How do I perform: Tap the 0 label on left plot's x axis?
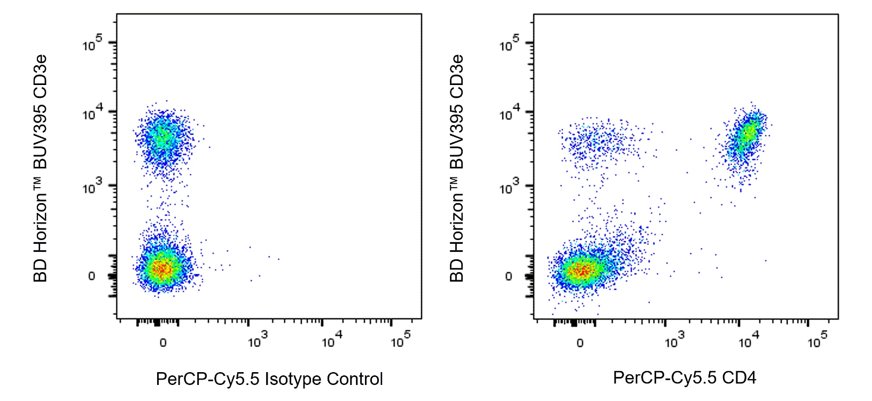pos(163,343)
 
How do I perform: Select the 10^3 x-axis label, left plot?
pos(257,340)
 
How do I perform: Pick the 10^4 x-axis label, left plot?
pos(331,340)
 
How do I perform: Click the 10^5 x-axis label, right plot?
pos(817,340)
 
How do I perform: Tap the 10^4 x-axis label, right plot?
pos(748,340)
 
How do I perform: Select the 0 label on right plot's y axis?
pos(508,276)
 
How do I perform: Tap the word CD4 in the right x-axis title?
pos(739,378)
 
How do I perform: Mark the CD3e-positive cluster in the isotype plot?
pos(163,139)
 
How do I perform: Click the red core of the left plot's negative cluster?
pos(162,269)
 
